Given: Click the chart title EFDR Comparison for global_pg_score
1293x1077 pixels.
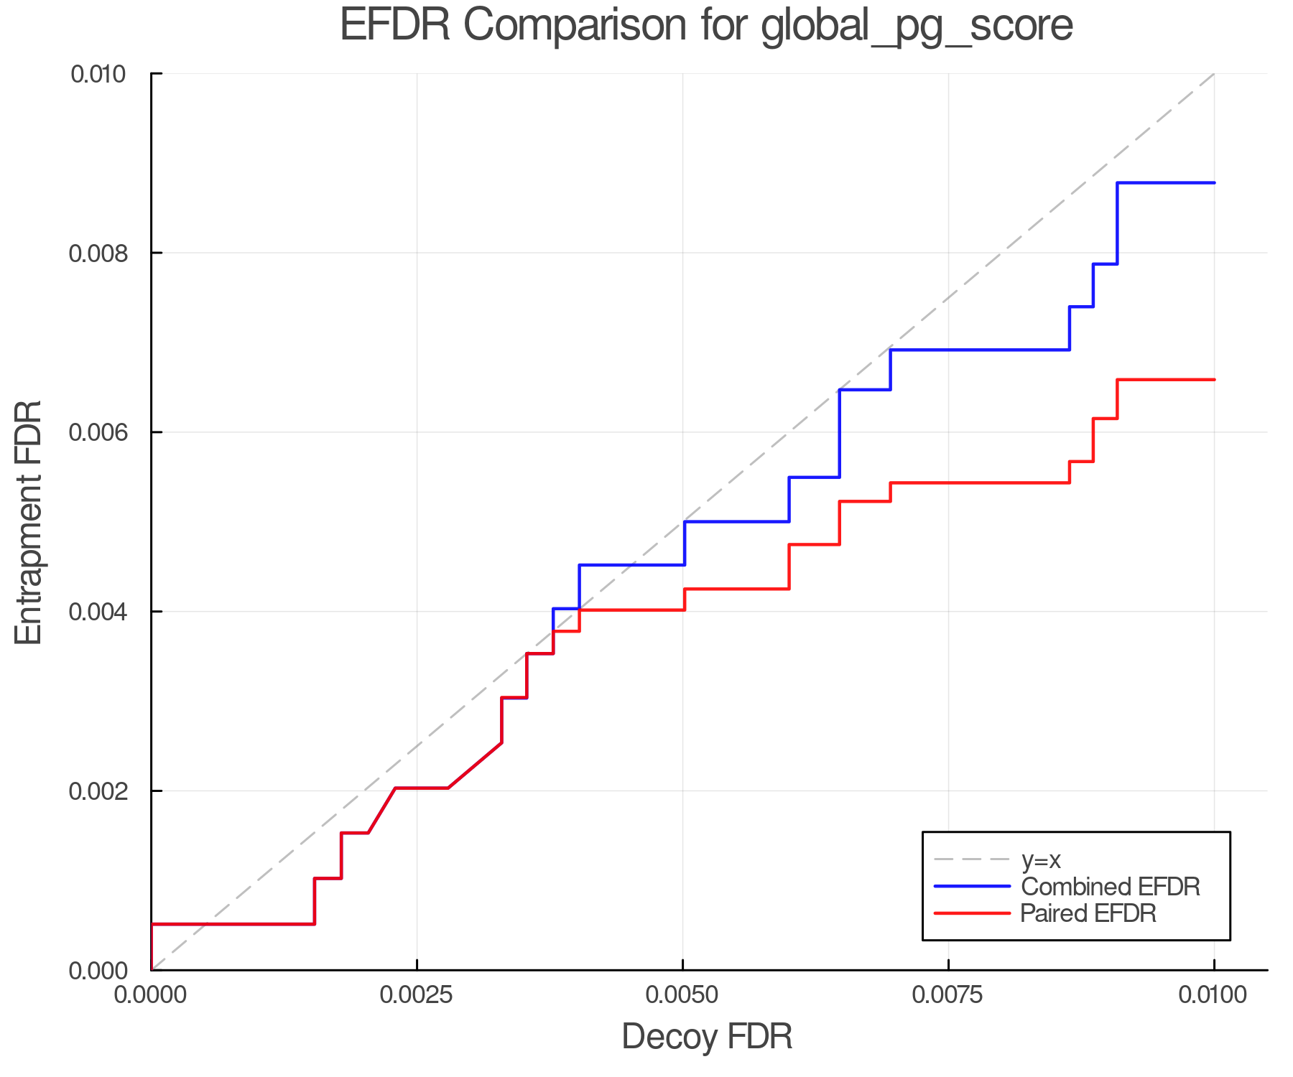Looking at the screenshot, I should tap(706, 26).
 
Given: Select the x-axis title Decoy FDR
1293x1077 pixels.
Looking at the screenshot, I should tap(707, 1037).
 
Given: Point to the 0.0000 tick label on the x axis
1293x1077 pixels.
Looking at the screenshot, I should tap(152, 995).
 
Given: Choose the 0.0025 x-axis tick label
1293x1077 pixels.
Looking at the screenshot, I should tap(417, 995).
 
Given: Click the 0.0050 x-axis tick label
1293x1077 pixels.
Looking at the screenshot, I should tap(683, 995).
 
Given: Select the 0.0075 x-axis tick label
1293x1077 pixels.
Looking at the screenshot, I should tap(949, 995).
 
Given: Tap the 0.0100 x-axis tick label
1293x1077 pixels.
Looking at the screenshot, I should tap(1214, 995).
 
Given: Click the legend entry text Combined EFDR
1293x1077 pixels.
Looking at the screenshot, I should tap(1111, 887).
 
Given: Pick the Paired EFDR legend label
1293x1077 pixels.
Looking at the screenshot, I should tap(1088, 913).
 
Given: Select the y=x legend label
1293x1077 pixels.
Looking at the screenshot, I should tap(1042, 860).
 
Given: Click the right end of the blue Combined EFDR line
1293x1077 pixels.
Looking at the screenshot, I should tap(1214, 183).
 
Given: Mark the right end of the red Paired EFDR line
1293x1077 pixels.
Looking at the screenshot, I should tap(1214, 379).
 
